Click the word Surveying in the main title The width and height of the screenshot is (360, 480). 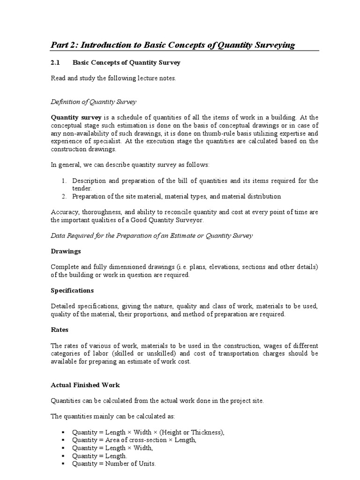point(272,45)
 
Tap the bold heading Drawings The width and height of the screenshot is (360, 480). point(66,251)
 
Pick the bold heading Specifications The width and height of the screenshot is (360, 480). point(72,290)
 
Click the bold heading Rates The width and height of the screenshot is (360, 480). point(60,330)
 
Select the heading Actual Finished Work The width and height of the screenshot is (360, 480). point(85,385)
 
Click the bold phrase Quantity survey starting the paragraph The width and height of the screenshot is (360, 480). point(76,117)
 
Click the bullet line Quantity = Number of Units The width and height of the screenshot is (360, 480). point(113,464)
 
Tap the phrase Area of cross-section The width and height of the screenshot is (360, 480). point(132,440)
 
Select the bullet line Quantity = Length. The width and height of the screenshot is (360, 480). point(99,456)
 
